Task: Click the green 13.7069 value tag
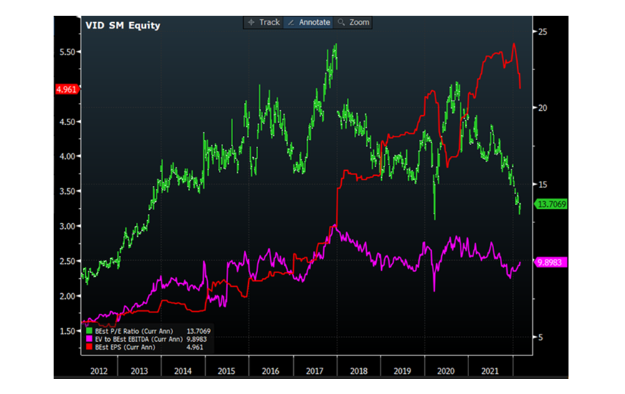pyautogui.click(x=551, y=204)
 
